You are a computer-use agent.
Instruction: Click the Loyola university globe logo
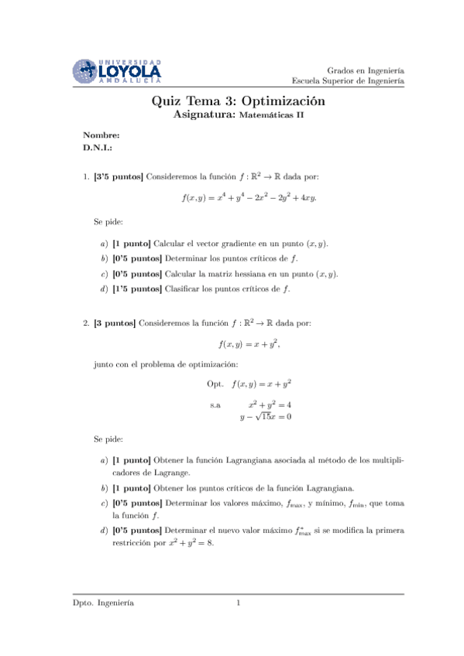(86, 71)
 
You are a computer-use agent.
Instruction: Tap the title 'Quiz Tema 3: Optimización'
(238, 101)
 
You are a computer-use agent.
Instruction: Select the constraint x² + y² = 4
(269, 404)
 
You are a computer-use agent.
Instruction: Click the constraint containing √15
(265, 418)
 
